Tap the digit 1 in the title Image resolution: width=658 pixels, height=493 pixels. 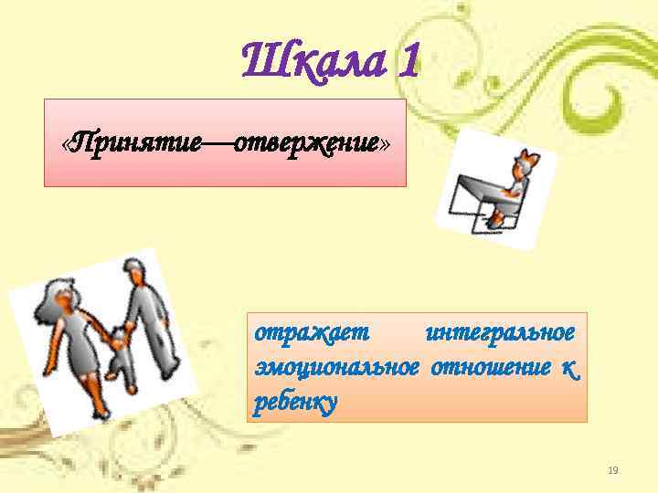pos(409,62)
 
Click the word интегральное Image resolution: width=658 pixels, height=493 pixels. pos(500,331)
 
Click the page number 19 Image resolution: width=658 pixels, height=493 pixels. pos(613,470)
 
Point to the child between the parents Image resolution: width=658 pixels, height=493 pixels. pos(118,360)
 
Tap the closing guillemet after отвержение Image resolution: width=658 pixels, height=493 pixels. pos(385,144)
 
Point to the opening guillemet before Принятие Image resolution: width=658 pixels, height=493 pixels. pos(65,144)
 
